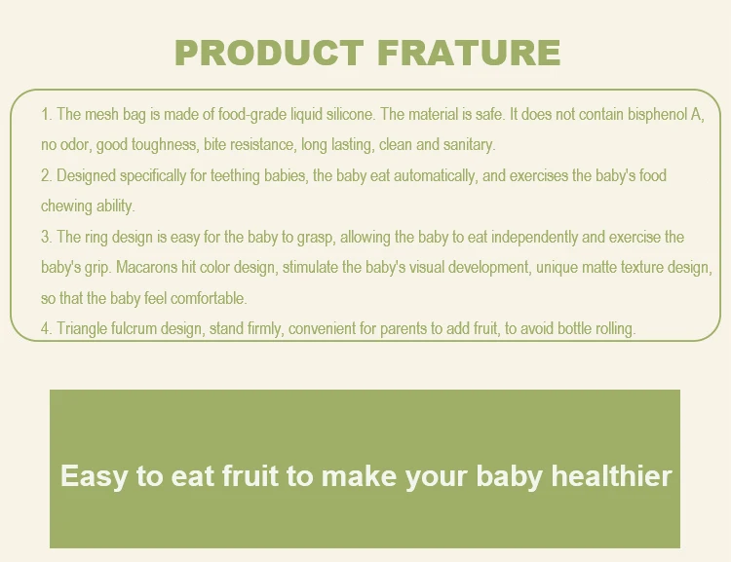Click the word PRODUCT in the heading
pos(269,53)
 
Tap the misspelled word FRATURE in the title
pos(469,53)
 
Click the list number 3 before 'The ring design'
pos(46,238)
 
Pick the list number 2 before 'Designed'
pos(46,175)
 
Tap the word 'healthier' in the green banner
pos(611,475)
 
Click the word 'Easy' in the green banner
pos(94,477)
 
